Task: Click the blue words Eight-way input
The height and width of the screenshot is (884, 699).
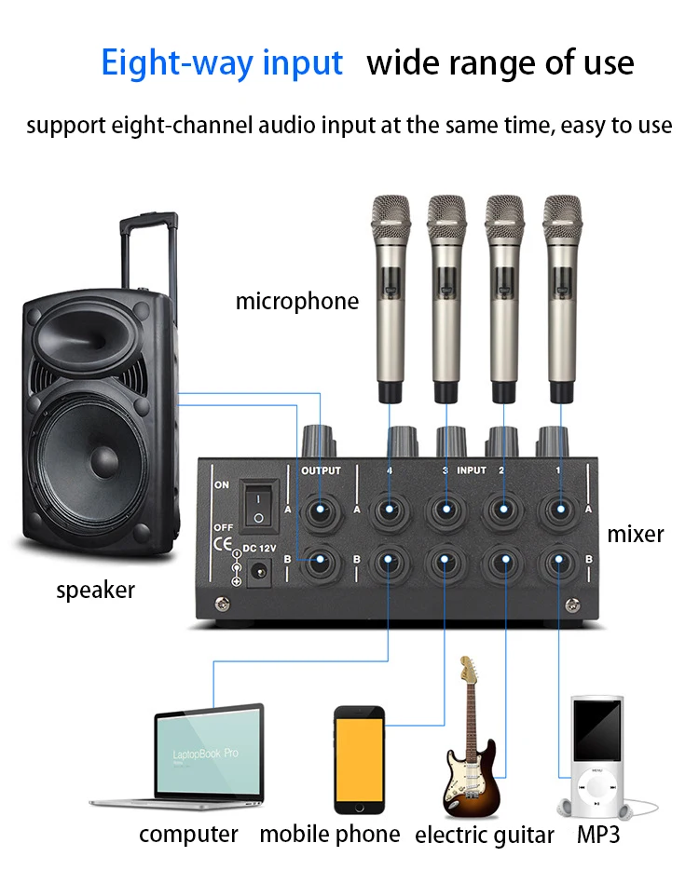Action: (x=222, y=63)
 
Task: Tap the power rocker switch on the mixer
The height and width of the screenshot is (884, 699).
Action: (x=258, y=507)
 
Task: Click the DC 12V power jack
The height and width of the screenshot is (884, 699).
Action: (x=260, y=572)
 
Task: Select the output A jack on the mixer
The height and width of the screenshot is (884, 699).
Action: (x=321, y=510)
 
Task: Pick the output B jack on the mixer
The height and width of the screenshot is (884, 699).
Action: (x=321, y=561)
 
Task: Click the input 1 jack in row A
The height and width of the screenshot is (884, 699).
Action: (x=560, y=510)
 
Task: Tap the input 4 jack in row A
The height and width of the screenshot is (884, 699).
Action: (x=390, y=510)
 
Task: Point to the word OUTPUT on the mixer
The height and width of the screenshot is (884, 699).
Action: (x=321, y=470)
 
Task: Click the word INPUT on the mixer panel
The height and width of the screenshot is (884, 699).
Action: (x=472, y=470)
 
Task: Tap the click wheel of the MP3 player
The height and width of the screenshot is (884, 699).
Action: (x=596, y=787)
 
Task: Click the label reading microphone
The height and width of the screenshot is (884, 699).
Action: (x=296, y=302)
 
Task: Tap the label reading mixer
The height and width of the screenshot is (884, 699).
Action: (x=636, y=535)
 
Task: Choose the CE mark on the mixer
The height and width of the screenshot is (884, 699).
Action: (x=223, y=543)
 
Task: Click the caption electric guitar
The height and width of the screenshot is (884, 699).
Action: (x=484, y=836)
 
